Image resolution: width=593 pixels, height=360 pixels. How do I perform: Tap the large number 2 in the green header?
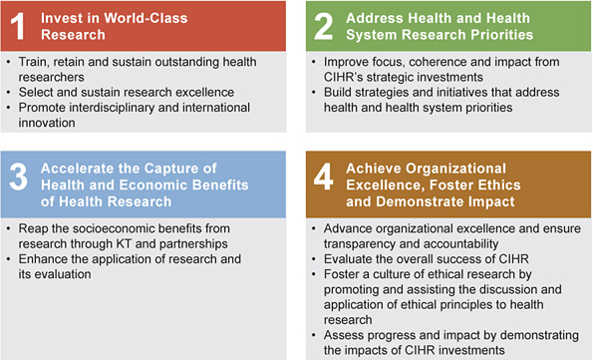[x=323, y=26]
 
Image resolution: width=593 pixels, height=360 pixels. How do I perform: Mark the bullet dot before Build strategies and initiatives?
[x=316, y=93]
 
